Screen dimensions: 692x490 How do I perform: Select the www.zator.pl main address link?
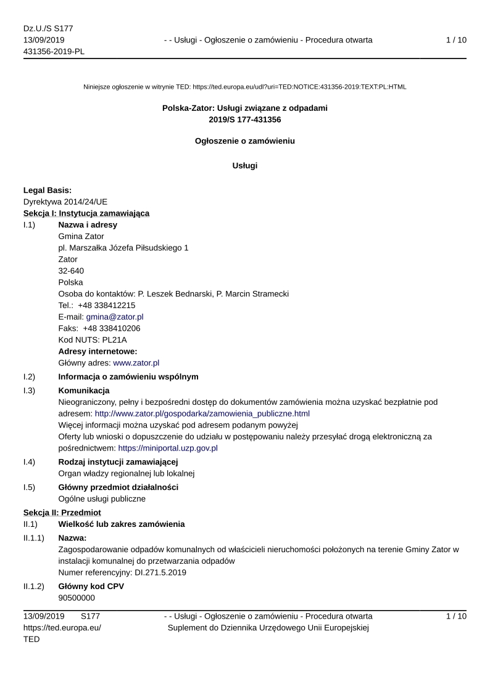click(136, 363)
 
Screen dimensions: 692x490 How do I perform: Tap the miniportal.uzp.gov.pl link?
click(168, 448)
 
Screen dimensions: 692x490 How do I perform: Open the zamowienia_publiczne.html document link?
click(202, 413)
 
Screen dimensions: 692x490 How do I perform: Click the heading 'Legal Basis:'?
click(48, 190)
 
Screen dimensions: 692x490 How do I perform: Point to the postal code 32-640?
click(71, 271)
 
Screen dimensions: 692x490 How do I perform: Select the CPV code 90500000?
click(77, 598)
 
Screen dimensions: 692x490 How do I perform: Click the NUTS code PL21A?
click(114, 340)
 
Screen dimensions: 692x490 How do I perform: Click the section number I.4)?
click(29, 462)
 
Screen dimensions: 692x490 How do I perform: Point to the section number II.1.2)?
click(35, 586)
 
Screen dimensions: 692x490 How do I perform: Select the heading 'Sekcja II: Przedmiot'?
click(62, 512)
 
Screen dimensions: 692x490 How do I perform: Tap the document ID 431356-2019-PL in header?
click(54, 51)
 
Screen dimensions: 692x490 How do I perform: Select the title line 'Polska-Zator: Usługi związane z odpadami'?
click(245, 108)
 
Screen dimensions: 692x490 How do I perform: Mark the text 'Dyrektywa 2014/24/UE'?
click(65, 201)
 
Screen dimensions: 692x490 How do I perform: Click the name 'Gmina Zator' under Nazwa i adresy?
click(81, 236)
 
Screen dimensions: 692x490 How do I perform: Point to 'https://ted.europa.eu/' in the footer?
click(62, 627)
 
